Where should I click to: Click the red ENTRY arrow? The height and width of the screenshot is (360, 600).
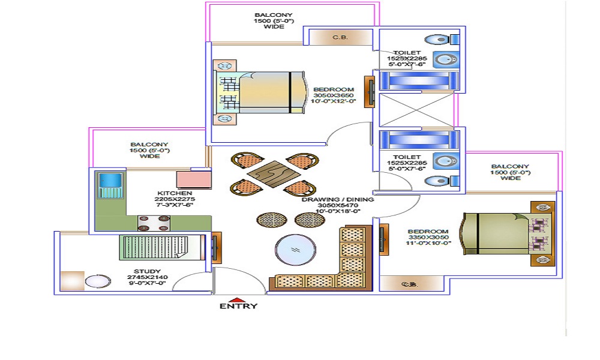(x=239, y=299)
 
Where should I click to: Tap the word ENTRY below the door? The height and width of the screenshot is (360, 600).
(x=238, y=307)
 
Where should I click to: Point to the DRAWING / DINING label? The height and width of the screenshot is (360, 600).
(x=338, y=200)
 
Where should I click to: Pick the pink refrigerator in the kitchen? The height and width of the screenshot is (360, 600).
(x=192, y=179)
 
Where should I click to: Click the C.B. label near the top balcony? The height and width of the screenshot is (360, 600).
(x=340, y=38)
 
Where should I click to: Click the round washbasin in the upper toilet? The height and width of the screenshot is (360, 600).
(x=445, y=60)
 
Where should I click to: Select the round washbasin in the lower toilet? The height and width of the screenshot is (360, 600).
(x=445, y=161)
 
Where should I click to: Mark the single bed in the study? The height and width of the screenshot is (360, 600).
(x=160, y=247)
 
